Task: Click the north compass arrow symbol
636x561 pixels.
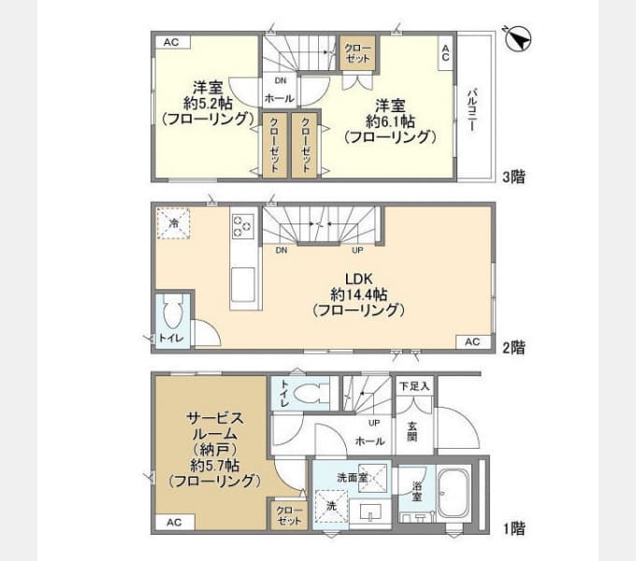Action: click(x=518, y=39)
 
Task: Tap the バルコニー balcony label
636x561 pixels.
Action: click(x=471, y=108)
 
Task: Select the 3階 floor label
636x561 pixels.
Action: click(x=513, y=177)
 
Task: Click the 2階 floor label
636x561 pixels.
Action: click(x=513, y=348)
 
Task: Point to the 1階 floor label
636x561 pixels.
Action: click(x=513, y=528)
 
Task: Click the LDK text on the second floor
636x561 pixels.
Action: click(x=358, y=279)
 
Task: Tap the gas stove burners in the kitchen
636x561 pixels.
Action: click(x=243, y=226)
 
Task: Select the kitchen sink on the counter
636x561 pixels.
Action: click(x=243, y=285)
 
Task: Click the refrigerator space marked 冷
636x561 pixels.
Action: click(x=174, y=223)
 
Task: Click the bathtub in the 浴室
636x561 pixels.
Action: click(x=454, y=493)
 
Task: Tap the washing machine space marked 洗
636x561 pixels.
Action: click(x=332, y=506)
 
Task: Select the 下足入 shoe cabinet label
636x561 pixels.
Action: click(x=414, y=386)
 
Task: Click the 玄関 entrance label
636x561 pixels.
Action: click(x=412, y=432)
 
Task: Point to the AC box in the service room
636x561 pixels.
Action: click(x=174, y=522)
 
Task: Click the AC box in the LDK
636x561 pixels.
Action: click(x=472, y=341)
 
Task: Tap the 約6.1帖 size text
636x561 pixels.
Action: click(x=390, y=122)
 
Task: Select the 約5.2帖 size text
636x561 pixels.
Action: click(x=208, y=104)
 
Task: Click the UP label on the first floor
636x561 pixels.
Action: click(x=374, y=423)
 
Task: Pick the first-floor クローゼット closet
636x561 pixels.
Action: click(x=289, y=515)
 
